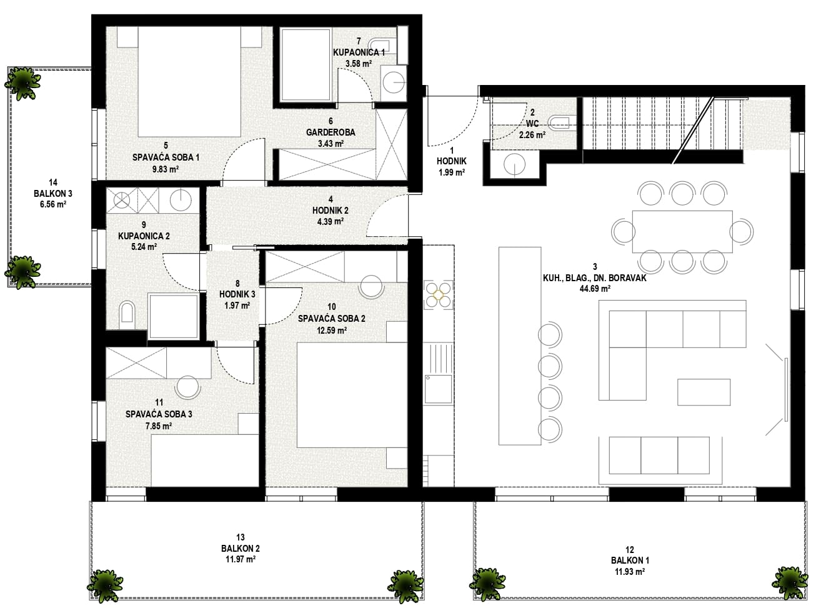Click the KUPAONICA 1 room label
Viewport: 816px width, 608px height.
pos(359,52)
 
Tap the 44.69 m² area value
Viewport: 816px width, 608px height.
pos(595,289)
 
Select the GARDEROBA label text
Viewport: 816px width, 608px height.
pos(331,132)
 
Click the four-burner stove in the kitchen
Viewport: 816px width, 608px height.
pos(438,294)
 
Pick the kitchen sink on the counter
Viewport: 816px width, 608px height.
pos(438,389)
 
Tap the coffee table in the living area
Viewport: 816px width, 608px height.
pos(704,392)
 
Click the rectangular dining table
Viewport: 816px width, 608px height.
pos(682,231)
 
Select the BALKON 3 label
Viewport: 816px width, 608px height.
pos(53,193)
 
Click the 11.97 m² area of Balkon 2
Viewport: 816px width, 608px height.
pos(240,559)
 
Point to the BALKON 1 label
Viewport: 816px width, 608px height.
pos(630,561)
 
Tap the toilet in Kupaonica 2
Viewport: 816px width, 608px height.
pos(127,312)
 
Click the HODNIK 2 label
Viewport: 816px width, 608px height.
pos(330,211)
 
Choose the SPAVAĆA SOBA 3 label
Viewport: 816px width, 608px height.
pos(159,414)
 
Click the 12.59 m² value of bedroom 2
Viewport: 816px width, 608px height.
pos(332,331)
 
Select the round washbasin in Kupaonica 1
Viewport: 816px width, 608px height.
pos(393,82)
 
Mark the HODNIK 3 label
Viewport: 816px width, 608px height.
pos(237,294)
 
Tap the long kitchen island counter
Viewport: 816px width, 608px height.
pos(519,346)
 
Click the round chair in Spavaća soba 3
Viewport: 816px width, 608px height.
pos(187,387)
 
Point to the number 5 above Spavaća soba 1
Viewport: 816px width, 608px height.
pos(166,146)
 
